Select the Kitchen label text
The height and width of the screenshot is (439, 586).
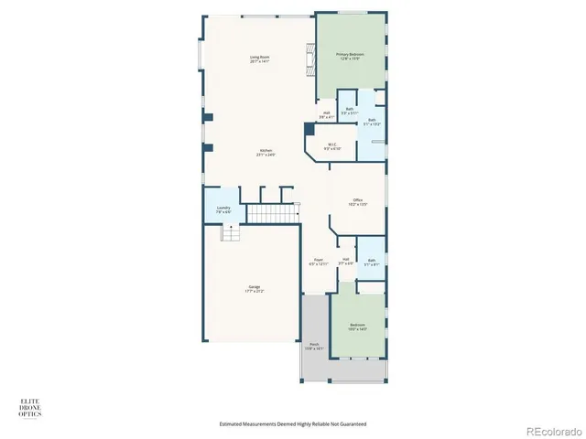tap(266, 152)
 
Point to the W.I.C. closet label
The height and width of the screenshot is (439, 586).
tap(332, 145)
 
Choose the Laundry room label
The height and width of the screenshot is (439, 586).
tap(223, 209)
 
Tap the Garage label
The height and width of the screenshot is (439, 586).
tap(254, 289)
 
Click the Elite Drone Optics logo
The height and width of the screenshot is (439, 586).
tap(30, 409)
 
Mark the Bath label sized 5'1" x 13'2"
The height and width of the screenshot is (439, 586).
tap(372, 121)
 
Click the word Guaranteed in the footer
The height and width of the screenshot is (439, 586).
tap(351, 424)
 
